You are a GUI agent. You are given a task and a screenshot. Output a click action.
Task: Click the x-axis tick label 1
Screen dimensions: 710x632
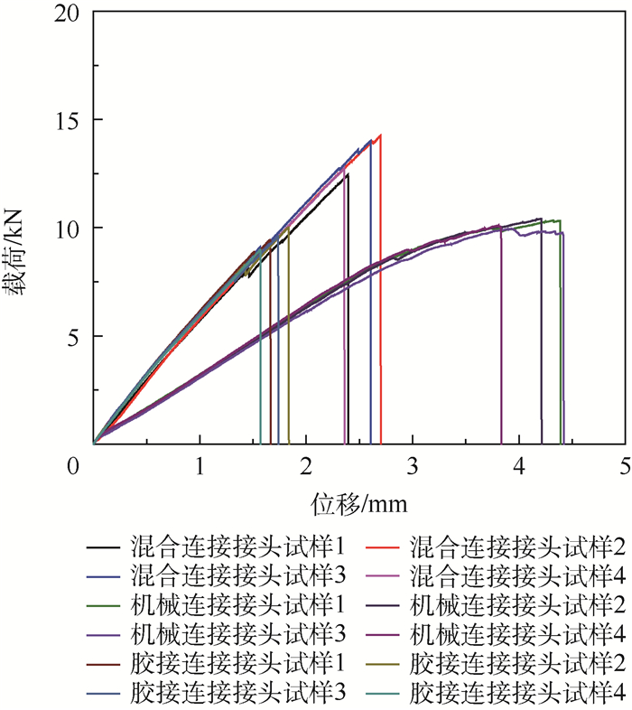[200, 466]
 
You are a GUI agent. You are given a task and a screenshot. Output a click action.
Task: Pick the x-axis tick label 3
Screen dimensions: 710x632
[413, 466]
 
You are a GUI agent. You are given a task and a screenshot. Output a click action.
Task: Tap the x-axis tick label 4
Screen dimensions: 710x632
[518, 466]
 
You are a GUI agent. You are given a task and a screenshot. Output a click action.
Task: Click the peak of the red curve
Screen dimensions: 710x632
[380, 135]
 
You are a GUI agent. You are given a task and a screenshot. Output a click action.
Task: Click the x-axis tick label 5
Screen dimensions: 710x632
[625, 466]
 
